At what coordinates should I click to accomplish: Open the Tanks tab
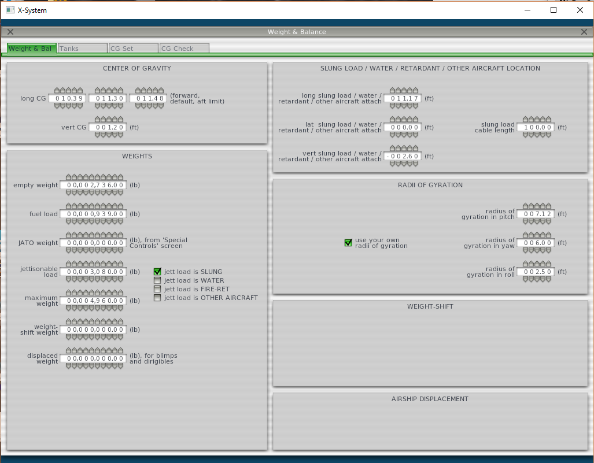click(x=83, y=49)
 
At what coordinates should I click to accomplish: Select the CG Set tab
click(x=134, y=49)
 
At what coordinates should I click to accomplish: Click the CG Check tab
click(x=184, y=49)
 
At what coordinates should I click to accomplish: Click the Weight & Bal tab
click(x=32, y=49)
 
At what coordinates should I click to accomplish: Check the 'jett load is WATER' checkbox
click(x=157, y=280)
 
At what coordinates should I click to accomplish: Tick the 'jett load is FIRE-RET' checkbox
click(x=157, y=289)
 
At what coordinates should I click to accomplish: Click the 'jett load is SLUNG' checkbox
click(x=157, y=272)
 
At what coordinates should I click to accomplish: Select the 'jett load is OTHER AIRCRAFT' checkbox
click(x=157, y=298)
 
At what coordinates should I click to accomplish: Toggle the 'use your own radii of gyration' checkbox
click(x=348, y=243)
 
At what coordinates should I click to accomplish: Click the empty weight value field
click(x=93, y=185)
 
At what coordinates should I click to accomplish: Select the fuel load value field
click(x=93, y=214)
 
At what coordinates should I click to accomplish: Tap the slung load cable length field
click(x=536, y=127)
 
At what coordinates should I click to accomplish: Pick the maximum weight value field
click(x=93, y=301)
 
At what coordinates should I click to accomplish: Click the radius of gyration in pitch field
click(x=536, y=214)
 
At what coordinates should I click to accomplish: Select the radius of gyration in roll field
click(x=536, y=272)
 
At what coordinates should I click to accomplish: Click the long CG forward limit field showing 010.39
click(x=68, y=98)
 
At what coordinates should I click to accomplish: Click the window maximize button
click(x=554, y=10)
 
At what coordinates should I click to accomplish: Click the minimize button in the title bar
click(x=527, y=10)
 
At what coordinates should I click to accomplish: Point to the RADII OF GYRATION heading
click(x=430, y=185)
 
